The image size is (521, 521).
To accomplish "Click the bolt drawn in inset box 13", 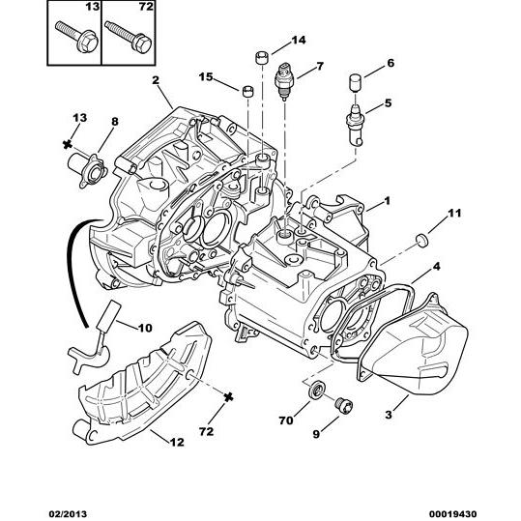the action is (x=76, y=36).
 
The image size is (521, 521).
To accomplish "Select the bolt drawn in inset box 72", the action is (x=128, y=36).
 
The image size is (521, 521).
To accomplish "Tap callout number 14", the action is (x=298, y=41).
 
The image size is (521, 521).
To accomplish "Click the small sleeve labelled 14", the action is (x=262, y=58).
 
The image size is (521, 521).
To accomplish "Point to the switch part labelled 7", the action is (x=284, y=80).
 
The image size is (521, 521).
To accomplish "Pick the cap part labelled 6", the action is (x=355, y=83).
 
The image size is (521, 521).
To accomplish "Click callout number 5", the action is (x=389, y=103).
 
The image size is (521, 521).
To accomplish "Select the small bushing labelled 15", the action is (x=247, y=91).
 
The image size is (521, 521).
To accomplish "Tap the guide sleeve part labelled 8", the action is (x=88, y=169).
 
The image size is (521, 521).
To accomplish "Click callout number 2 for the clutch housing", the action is (x=156, y=80).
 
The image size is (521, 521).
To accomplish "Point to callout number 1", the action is (x=387, y=201).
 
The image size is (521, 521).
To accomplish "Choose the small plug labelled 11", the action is (x=422, y=241).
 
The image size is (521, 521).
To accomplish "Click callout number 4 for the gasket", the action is (x=436, y=267).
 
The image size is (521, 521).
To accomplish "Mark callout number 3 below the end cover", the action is (x=389, y=415).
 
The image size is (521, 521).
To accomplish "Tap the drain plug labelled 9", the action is (x=344, y=405).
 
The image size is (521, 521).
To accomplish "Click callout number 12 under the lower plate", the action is (x=177, y=442).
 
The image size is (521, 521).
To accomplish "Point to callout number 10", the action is (x=145, y=328).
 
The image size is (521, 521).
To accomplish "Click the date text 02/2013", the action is (x=68, y=514).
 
